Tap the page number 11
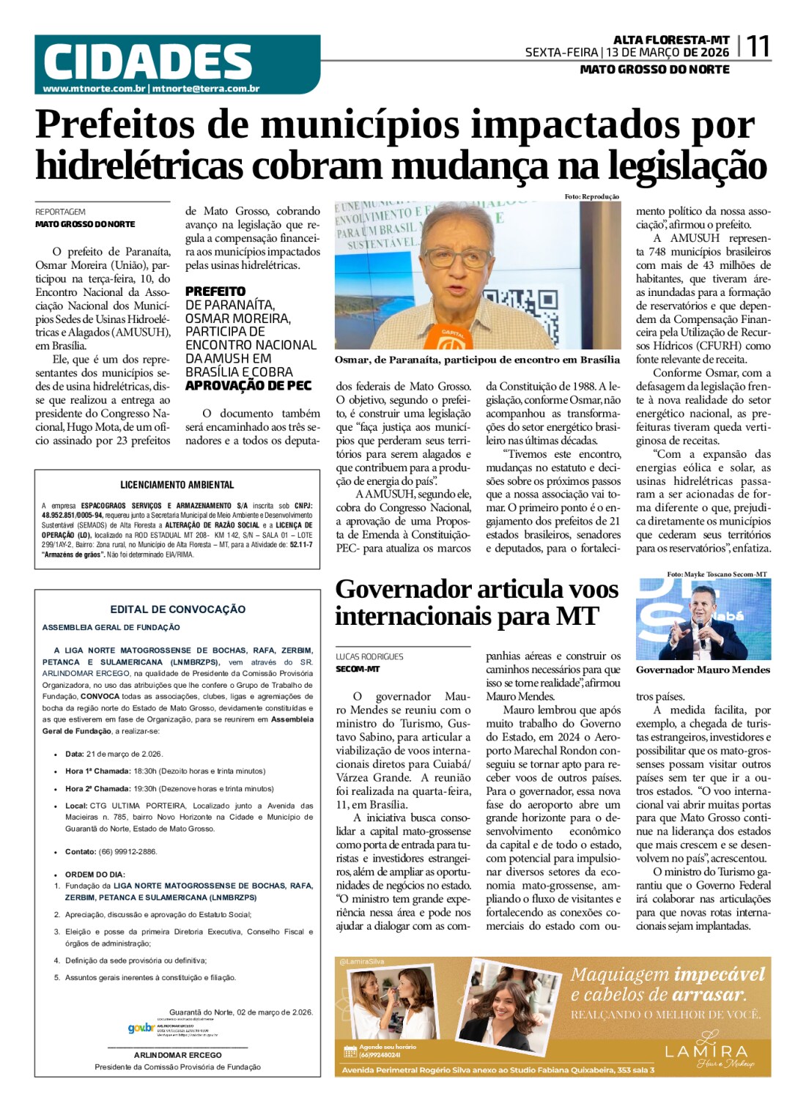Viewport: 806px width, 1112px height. (x=758, y=47)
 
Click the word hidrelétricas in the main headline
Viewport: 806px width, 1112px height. (x=138, y=166)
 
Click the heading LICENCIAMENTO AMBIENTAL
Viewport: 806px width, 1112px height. (x=177, y=485)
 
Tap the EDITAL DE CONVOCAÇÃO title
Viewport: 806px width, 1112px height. (x=177, y=609)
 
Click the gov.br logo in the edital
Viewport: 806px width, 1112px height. (x=141, y=1028)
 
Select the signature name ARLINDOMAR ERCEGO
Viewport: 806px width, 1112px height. (x=177, y=1055)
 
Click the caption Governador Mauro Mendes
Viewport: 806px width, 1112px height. (x=703, y=670)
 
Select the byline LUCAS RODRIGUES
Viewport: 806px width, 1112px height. (x=370, y=656)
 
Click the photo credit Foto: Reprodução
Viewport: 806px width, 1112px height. (x=591, y=196)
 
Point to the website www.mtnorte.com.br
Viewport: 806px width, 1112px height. (x=94, y=89)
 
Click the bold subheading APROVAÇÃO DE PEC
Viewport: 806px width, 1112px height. (x=248, y=385)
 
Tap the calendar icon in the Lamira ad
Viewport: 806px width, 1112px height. (x=350, y=1051)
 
